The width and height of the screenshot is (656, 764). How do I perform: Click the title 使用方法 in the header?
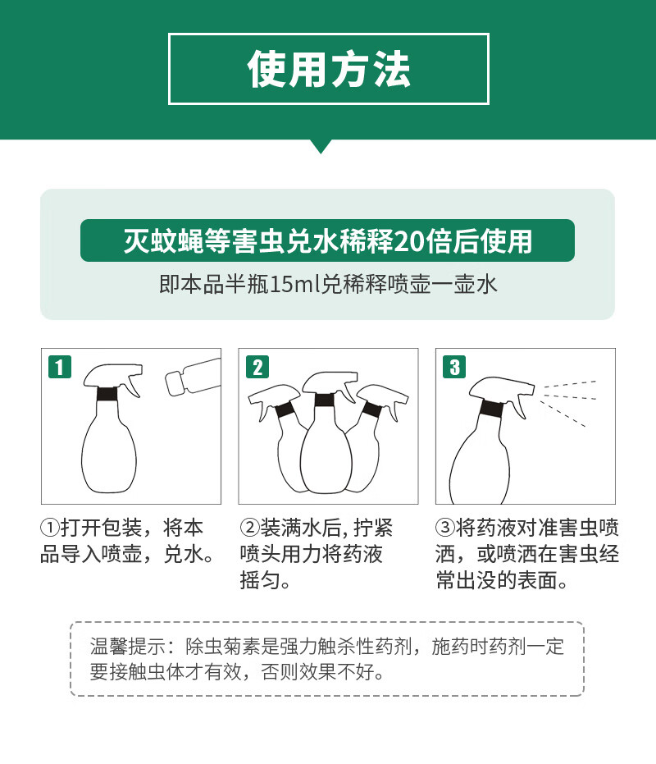pos(329,70)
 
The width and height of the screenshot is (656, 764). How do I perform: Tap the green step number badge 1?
pos(59,367)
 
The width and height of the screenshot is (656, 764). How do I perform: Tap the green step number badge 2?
pos(257,367)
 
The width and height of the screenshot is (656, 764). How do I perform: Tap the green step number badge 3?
pos(454,367)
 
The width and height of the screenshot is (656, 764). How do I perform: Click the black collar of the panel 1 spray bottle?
pos(107,393)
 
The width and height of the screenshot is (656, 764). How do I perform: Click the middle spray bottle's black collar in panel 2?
pos(325,400)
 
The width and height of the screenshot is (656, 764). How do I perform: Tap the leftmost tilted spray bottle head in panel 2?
pos(273,400)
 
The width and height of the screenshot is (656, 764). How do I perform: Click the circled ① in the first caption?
pos(50,527)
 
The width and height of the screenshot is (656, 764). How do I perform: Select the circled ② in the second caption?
pos(248,527)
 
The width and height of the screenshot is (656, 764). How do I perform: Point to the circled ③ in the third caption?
pos(444,527)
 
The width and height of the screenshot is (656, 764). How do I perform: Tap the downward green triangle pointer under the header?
pos(321,146)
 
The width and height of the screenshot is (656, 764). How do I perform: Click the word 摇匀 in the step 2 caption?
pos(260,580)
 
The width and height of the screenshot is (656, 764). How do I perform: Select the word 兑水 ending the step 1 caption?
pos(183,554)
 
